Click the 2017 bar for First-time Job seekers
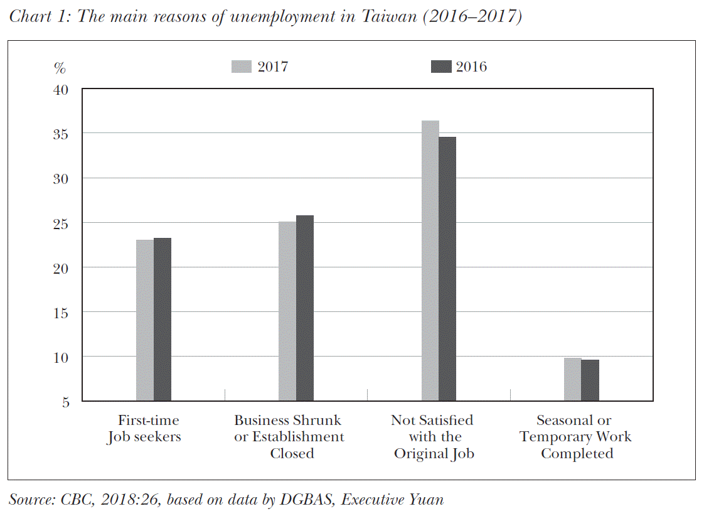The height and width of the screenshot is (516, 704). click(145, 320)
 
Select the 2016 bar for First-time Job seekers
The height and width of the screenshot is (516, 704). click(163, 319)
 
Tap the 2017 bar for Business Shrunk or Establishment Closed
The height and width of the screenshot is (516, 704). click(287, 311)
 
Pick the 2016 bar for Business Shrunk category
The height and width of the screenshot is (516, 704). click(305, 308)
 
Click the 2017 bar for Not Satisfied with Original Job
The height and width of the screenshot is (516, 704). click(430, 261)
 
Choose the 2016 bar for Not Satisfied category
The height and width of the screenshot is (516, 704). click(447, 269)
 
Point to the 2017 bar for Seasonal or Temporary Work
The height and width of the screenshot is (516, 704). click(573, 379)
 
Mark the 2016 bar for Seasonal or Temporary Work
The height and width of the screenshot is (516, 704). click(590, 380)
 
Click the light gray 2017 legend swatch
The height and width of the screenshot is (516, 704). click(242, 67)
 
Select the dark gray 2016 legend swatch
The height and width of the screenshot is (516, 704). click(442, 67)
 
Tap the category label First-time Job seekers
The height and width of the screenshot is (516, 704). click(144, 429)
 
